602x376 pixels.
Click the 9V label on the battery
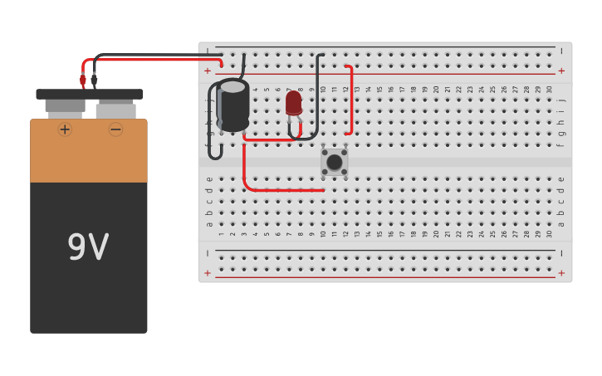click(x=88, y=247)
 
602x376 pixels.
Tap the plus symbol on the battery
click(x=65, y=129)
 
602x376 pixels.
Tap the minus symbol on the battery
click(x=115, y=129)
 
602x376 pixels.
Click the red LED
click(x=294, y=103)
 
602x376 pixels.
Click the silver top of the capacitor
click(x=233, y=86)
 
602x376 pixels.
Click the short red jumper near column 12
click(x=350, y=100)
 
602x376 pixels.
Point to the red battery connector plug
click(x=83, y=80)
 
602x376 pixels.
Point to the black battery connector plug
click(x=94, y=80)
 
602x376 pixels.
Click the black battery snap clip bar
click(x=89, y=94)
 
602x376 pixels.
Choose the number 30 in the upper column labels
click(x=549, y=89)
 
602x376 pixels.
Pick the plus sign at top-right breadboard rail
click(x=561, y=71)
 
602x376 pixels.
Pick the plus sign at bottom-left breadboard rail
click(x=208, y=272)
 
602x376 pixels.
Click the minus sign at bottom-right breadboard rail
click(x=561, y=253)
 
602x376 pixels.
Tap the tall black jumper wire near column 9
click(x=320, y=91)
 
